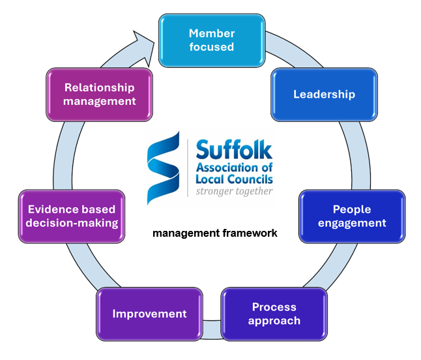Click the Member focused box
point(211,40)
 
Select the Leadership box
point(324,94)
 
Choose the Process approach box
point(274,314)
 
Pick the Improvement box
point(149,314)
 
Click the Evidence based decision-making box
point(72,217)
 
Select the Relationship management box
point(100,94)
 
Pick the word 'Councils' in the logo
point(251,179)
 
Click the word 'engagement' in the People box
point(359,223)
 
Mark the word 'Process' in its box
point(274,307)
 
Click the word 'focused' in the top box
point(211,47)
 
